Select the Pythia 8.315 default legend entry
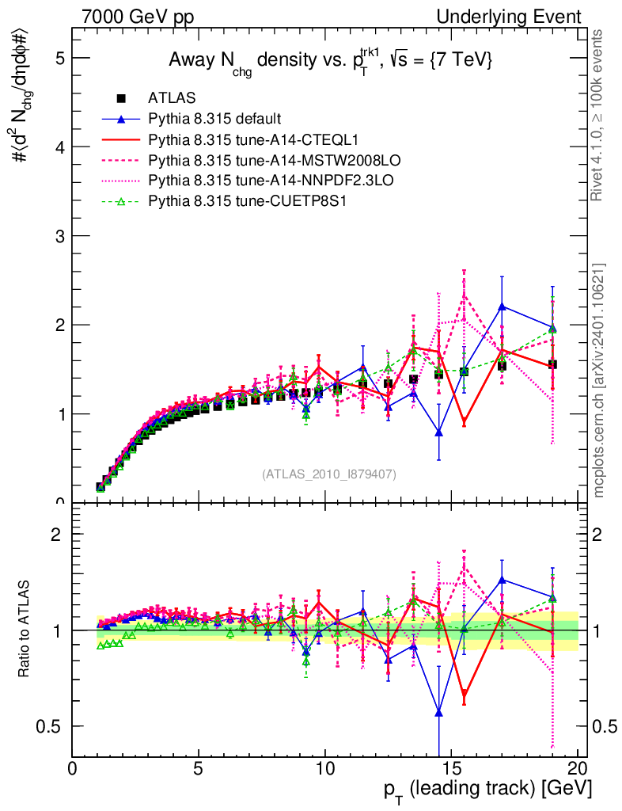tap(214, 119)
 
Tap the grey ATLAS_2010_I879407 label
tap(329, 474)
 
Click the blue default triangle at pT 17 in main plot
tap(502, 307)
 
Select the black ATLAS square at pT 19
tap(552, 364)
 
